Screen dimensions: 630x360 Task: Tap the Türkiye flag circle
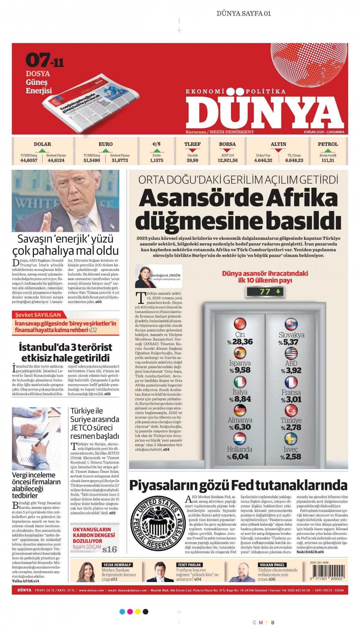[x=291, y=410]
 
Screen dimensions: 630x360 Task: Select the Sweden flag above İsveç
[x=291, y=438]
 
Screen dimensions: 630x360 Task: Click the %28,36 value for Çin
[x=240, y=341]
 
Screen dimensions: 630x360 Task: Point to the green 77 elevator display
[x=264, y=292]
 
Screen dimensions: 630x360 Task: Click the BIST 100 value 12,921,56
[x=227, y=160]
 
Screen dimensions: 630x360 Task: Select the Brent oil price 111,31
[x=328, y=160]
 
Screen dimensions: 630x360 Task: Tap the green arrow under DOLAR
[x=42, y=150]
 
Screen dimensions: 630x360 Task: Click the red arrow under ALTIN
[x=278, y=150]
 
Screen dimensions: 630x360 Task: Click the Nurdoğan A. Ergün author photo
[x=143, y=276]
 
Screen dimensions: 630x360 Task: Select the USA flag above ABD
[x=291, y=353]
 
